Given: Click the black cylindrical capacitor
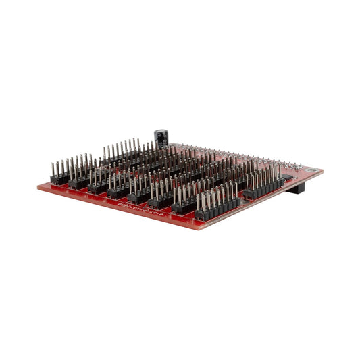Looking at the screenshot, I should coord(161,138).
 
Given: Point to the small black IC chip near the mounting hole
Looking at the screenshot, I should coord(286,176).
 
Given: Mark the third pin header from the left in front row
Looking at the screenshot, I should coord(99,188).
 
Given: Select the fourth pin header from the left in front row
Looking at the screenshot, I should coord(118,193).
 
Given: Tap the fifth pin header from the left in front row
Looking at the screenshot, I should coord(139,198).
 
